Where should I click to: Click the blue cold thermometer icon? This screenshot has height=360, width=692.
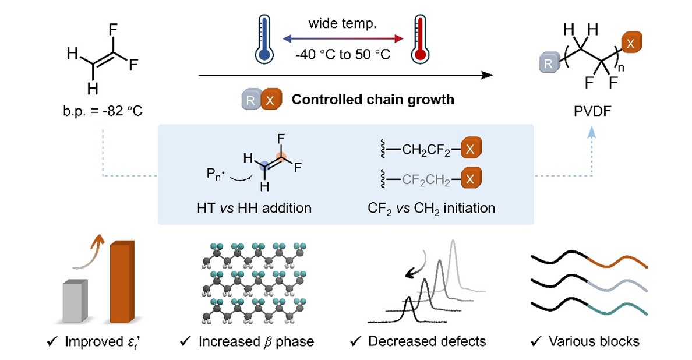(264, 38)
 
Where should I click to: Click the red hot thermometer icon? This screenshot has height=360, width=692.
(419, 38)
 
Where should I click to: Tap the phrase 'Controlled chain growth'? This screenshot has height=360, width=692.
(373, 99)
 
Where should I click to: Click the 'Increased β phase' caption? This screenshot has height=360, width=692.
(256, 341)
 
